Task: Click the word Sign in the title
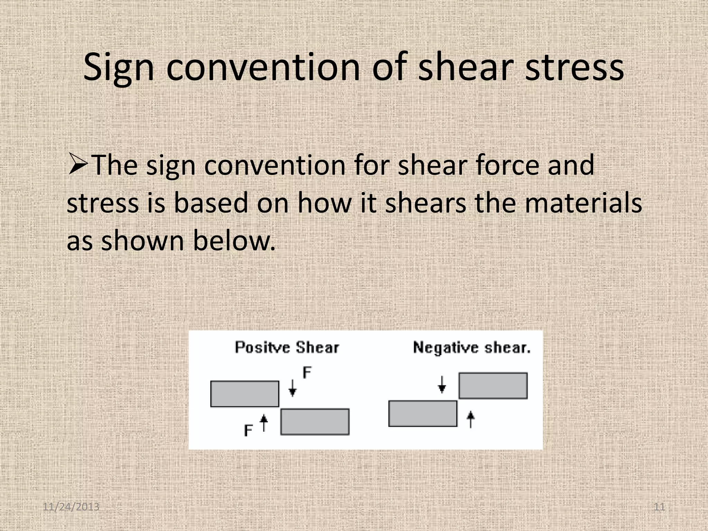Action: coord(119,67)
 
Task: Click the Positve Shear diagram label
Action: coord(287,347)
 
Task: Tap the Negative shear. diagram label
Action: coord(472,347)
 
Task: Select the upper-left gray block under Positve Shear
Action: coord(245,394)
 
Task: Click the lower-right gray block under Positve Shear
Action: coord(315,422)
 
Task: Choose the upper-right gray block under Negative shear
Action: coord(493,386)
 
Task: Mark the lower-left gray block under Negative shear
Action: coord(423,413)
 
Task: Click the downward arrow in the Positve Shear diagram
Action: coord(292,388)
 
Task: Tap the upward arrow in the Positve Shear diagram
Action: coord(264,423)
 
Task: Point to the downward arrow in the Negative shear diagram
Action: coord(442,384)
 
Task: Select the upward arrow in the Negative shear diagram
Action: coord(470,419)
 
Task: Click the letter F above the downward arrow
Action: coord(307,373)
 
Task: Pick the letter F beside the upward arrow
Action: coord(248,430)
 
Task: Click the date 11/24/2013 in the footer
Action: coord(71,507)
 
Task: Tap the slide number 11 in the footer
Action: coord(659,507)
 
